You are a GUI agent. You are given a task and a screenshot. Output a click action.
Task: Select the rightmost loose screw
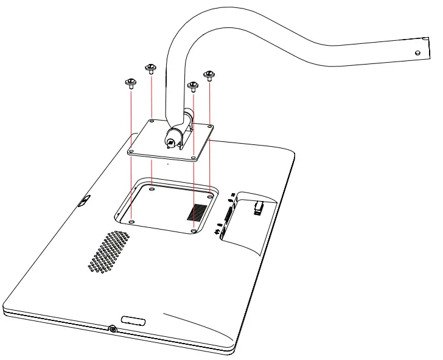(x=209, y=76)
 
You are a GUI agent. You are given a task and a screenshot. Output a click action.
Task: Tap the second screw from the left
(x=150, y=68)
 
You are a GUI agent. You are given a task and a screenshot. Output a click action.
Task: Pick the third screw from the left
(x=193, y=86)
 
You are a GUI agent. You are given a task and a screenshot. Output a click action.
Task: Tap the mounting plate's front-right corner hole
(x=193, y=158)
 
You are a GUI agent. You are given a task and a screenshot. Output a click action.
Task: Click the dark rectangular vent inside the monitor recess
(x=197, y=212)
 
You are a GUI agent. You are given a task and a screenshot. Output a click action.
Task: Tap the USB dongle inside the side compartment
(x=259, y=208)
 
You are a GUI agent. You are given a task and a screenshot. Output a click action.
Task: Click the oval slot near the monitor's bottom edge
(x=134, y=320)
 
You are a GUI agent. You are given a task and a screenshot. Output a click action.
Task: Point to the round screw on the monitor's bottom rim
(x=113, y=330)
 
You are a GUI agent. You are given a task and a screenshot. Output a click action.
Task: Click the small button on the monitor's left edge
(x=85, y=201)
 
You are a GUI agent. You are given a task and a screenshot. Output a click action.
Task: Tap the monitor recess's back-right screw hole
(x=209, y=197)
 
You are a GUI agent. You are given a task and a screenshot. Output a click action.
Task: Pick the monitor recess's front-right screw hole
(x=193, y=231)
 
